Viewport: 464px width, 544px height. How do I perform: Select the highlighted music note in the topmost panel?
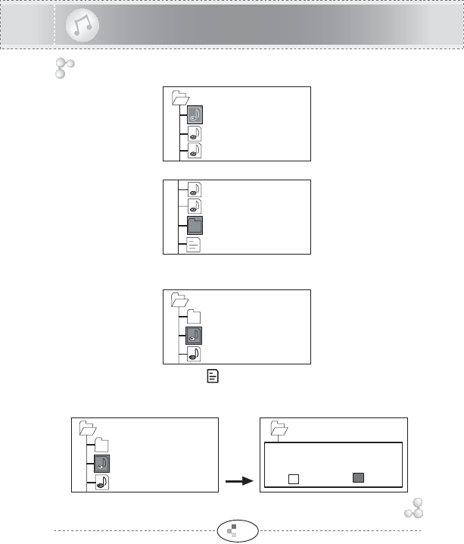click(x=195, y=115)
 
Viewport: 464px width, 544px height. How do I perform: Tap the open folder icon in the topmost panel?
click(x=180, y=97)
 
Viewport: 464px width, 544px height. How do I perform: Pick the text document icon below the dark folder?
click(x=195, y=244)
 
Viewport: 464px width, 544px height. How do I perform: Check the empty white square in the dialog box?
click(x=295, y=478)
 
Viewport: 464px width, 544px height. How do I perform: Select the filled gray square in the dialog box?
click(x=359, y=477)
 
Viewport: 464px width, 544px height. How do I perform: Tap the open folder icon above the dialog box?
click(x=278, y=428)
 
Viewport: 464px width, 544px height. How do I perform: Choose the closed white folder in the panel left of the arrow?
click(x=101, y=446)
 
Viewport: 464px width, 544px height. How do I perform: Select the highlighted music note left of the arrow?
click(x=102, y=464)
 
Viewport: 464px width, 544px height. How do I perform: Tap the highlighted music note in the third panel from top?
click(x=195, y=335)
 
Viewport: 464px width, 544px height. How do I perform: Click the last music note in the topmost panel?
click(x=195, y=150)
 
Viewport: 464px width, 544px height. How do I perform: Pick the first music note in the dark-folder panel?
click(x=195, y=190)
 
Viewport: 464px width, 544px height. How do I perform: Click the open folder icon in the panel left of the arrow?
click(x=87, y=427)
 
